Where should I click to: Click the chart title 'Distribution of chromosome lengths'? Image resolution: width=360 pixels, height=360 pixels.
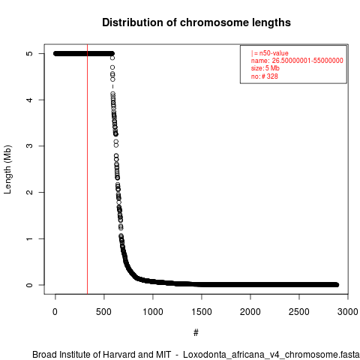pyautogui.click(x=196, y=22)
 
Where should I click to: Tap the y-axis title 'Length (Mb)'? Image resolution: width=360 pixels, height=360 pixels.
pyautogui.click(x=7, y=169)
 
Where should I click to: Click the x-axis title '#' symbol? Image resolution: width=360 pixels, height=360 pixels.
pyautogui.click(x=196, y=333)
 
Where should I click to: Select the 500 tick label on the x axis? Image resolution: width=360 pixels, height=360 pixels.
pyautogui.click(x=103, y=312)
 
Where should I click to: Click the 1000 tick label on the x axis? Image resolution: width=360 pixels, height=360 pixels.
pyautogui.click(x=153, y=312)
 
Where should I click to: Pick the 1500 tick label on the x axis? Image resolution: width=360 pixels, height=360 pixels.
pyautogui.click(x=202, y=312)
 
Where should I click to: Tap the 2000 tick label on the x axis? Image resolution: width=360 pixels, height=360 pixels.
pyautogui.click(x=250, y=312)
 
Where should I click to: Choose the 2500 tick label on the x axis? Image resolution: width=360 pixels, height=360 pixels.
pyautogui.click(x=299, y=312)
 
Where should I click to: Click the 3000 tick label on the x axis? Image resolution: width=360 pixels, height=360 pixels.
pyautogui.click(x=348, y=312)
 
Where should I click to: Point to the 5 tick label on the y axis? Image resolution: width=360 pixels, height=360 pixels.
pyautogui.click(x=29, y=53)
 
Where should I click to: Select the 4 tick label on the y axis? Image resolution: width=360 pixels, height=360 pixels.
pyautogui.click(x=29, y=100)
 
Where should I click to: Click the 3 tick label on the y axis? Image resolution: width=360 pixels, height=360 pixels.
pyautogui.click(x=29, y=146)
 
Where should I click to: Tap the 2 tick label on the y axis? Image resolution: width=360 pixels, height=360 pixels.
pyautogui.click(x=29, y=192)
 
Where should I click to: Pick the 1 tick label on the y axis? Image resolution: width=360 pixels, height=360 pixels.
pyautogui.click(x=29, y=238)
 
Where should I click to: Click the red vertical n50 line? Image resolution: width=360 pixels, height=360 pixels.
pyautogui.click(x=87, y=169)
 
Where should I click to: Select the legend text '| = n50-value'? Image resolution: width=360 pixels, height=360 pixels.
pyautogui.click(x=270, y=53)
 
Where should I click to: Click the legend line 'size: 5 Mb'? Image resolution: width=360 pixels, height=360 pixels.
pyautogui.click(x=265, y=68)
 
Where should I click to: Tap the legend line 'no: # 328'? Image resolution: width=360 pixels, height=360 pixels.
pyautogui.click(x=265, y=76)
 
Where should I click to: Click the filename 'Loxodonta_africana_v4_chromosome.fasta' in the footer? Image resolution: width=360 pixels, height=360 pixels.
pyautogui.click(x=271, y=355)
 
